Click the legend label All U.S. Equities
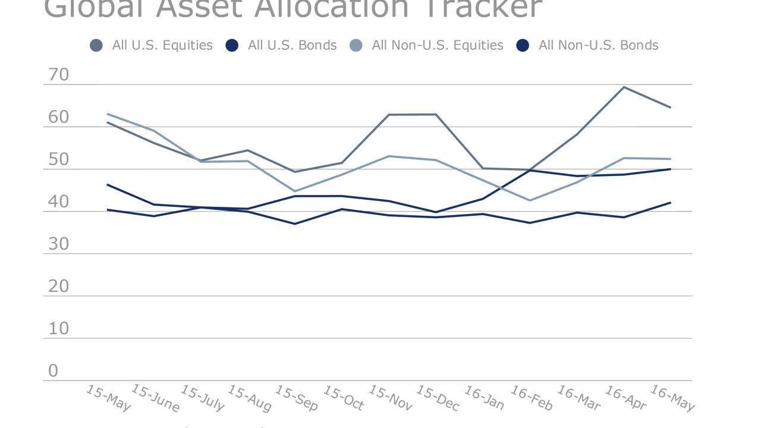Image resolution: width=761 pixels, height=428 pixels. coord(162,45)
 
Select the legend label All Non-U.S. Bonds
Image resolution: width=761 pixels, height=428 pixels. coord(598,45)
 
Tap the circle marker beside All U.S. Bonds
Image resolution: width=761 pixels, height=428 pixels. coord(232,45)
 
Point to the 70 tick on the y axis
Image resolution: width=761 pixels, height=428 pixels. coord(58,75)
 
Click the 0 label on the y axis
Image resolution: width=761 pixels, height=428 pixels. coord(53,371)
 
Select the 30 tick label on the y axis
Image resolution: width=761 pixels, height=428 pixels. coord(58,244)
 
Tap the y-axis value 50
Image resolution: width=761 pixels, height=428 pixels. coord(58,160)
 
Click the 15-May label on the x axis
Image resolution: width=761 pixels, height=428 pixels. coord(108,398)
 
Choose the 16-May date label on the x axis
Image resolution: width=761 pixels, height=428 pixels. coord(672,398)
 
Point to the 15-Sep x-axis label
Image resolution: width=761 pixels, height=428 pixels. coord(297,398)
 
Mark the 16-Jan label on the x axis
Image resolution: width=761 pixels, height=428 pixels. coord(484,398)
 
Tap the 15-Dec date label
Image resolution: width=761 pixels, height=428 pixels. coord(438,398)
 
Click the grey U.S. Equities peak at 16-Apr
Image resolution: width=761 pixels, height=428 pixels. coord(623,87)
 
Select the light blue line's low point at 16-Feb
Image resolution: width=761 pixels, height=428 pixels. coord(529,200)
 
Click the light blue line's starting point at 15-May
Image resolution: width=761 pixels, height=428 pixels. coord(107,114)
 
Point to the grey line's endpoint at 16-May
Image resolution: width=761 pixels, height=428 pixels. coord(671,108)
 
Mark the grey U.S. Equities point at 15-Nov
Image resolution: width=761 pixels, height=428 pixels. coord(389,115)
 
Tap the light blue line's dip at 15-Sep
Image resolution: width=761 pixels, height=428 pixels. coord(295,191)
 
